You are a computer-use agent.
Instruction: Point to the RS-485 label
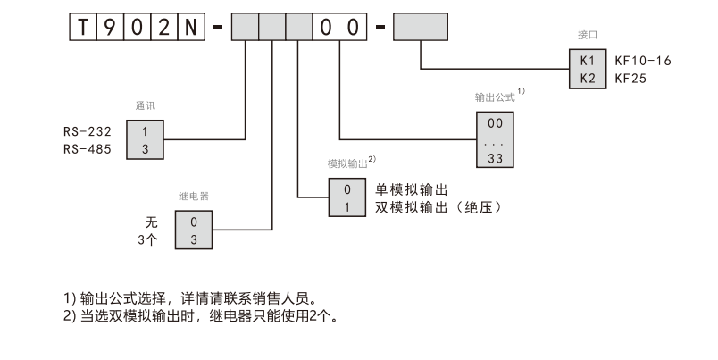[x=88, y=149]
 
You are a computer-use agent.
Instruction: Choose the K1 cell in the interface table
[x=587, y=62]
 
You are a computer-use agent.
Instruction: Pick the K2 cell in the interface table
[x=587, y=79]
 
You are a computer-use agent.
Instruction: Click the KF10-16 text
[x=642, y=62]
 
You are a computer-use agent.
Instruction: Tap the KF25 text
[x=630, y=79]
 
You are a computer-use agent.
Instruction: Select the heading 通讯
[x=145, y=105]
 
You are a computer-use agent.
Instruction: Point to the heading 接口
[x=587, y=34]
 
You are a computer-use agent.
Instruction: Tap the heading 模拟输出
[x=347, y=164]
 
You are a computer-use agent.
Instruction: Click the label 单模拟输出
[x=411, y=190]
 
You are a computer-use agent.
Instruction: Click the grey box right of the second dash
[x=420, y=27]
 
